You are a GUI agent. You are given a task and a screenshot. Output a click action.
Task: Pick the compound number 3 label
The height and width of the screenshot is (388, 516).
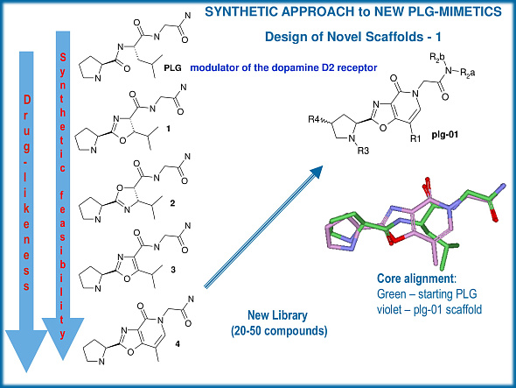click(173, 272)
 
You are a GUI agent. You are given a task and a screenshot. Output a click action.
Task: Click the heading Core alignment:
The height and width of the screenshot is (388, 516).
click(408, 279)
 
